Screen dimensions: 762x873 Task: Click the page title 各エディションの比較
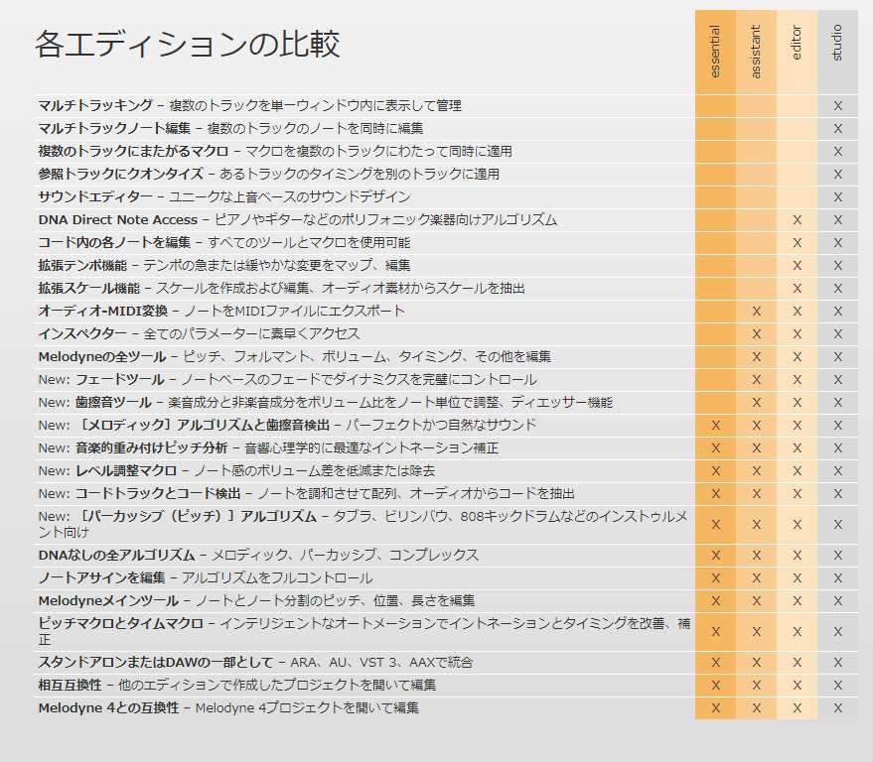coord(187,45)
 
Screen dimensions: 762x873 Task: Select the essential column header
coord(715,52)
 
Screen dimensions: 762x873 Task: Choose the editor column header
coord(797,43)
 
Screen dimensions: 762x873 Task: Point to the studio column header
coord(837,43)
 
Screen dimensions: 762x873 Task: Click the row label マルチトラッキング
coord(95,105)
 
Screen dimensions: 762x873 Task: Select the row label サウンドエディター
coord(95,196)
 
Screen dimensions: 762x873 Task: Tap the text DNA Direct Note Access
coord(117,219)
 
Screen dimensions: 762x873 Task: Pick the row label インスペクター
coord(82,333)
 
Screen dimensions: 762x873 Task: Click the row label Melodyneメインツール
coord(108,600)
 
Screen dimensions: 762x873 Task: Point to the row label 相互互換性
coord(70,685)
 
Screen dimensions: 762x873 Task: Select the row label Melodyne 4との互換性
coord(108,707)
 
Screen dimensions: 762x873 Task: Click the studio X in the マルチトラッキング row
coord(837,105)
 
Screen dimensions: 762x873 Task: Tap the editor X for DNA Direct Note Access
coord(797,219)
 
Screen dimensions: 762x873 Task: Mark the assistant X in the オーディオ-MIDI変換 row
coord(756,311)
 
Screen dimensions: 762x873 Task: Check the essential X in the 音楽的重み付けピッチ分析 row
coord(715,447)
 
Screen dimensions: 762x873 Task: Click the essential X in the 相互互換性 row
coord(715,685)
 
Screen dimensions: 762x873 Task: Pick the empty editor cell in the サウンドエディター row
coord(797,196)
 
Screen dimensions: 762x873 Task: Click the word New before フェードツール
coord(54,379)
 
